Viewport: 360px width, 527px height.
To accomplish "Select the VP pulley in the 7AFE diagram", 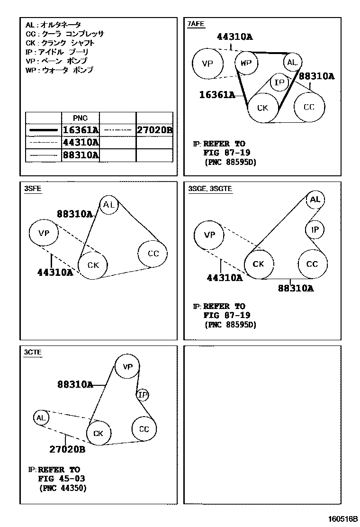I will tap(207, 64).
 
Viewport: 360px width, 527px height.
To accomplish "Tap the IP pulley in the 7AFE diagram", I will tap(279, 83).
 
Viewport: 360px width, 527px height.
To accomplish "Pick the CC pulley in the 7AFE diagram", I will tap(309, 107).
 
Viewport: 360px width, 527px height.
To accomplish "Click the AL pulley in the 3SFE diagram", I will tap(109, 205).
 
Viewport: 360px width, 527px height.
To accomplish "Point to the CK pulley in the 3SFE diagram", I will tap(93, 265).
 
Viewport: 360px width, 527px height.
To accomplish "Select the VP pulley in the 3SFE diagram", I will tap(44, 233).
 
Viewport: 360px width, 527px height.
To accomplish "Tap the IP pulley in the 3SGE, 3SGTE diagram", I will tap(315, 230).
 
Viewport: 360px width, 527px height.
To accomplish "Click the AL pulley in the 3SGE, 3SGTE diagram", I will tap(315, 200).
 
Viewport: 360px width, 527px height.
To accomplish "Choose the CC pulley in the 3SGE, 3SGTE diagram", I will tap(312, 263).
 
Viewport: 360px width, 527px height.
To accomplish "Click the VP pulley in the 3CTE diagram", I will tap(128, 366).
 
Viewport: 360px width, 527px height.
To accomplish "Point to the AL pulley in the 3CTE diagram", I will tap(41, 418).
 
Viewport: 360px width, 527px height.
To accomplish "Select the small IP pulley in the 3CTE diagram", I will tap(143, 394).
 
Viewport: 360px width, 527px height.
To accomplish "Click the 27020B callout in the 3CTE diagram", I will tap(67, 449).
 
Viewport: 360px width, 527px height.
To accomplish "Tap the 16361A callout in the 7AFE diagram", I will tap(217, 95).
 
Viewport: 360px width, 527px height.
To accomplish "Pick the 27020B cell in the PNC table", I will tap(154, 130).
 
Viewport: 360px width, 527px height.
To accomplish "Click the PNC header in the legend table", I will tap(80, 118).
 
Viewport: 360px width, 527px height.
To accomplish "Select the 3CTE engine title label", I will tap(33, 352).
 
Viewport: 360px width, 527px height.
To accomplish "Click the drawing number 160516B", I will tap(340, 518).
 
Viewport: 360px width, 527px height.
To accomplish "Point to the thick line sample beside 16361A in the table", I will tap(43, 130).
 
